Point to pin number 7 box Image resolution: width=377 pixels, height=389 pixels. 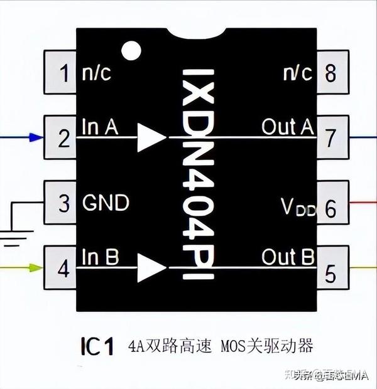pos(331,139)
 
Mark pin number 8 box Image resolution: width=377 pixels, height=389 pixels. pos(331,73)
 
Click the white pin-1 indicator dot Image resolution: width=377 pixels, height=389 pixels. pos(131,51)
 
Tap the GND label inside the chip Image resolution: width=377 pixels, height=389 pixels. pos(106,203)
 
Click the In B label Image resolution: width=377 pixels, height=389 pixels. pos(100,257)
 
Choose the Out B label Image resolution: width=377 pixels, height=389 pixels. pos(287,257)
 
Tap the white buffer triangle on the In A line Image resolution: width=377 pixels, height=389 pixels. pos(150,137)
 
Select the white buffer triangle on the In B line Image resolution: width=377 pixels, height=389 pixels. pos(150,268)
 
